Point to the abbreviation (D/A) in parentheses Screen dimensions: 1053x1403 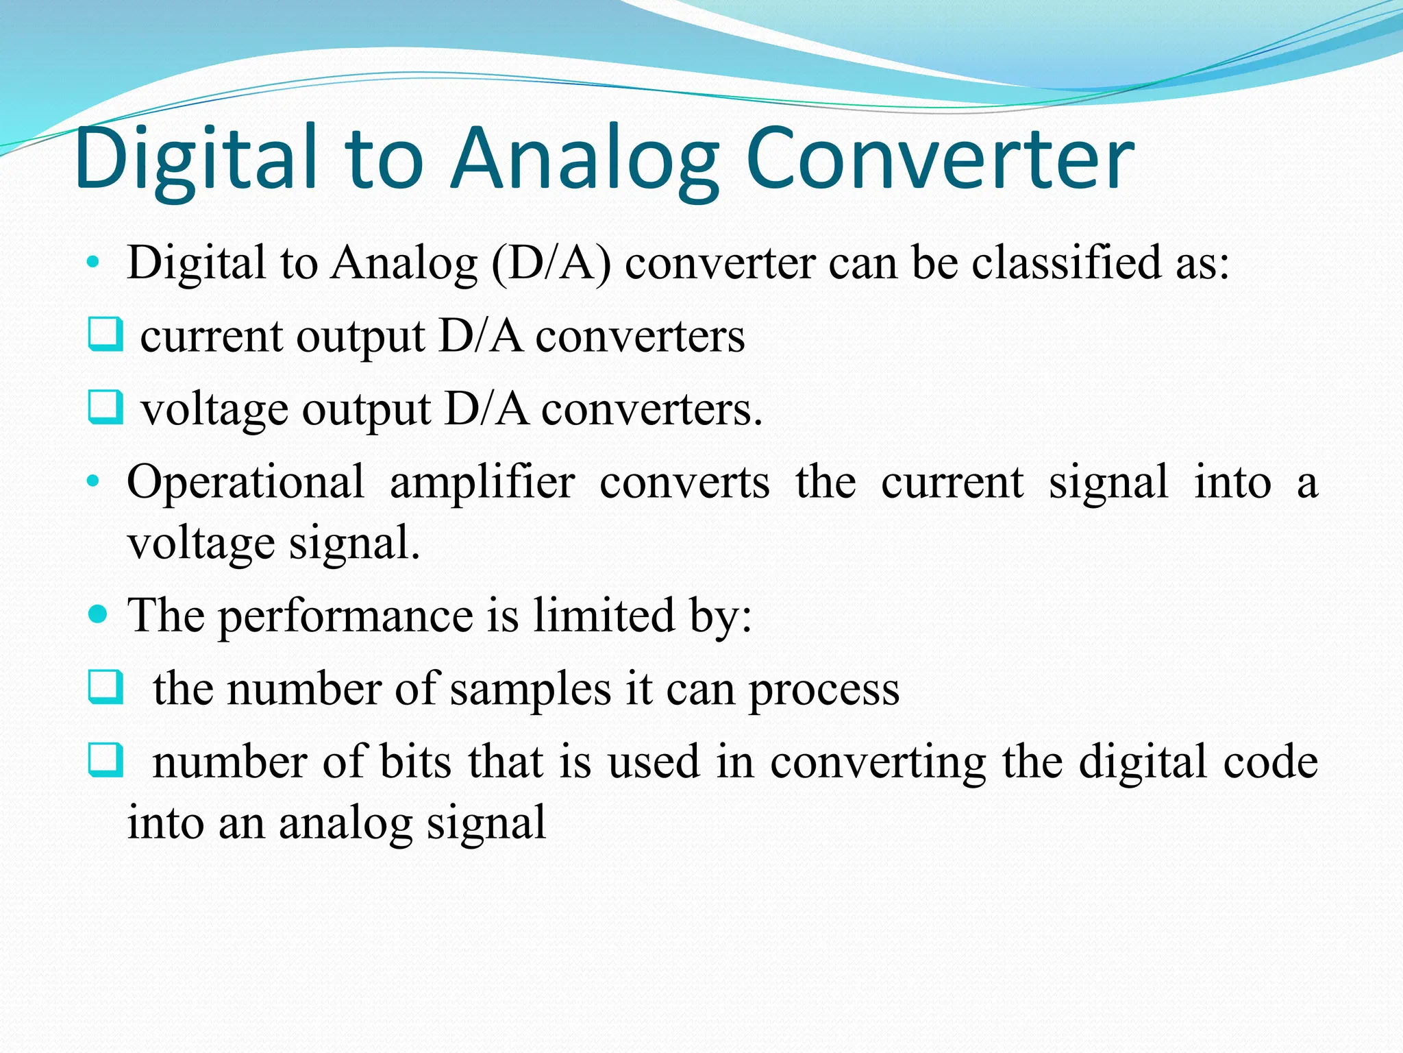pos(551,263)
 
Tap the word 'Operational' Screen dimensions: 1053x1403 pos(245,483)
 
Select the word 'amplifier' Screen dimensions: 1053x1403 pos(482,483)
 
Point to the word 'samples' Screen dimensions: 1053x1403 pos(530,688)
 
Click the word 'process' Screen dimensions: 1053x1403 pos(823,690)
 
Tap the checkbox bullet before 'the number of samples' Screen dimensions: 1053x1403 pos(105,687)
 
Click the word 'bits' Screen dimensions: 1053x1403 pos(415,762)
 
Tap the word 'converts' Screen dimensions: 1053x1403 pos(684,483)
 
